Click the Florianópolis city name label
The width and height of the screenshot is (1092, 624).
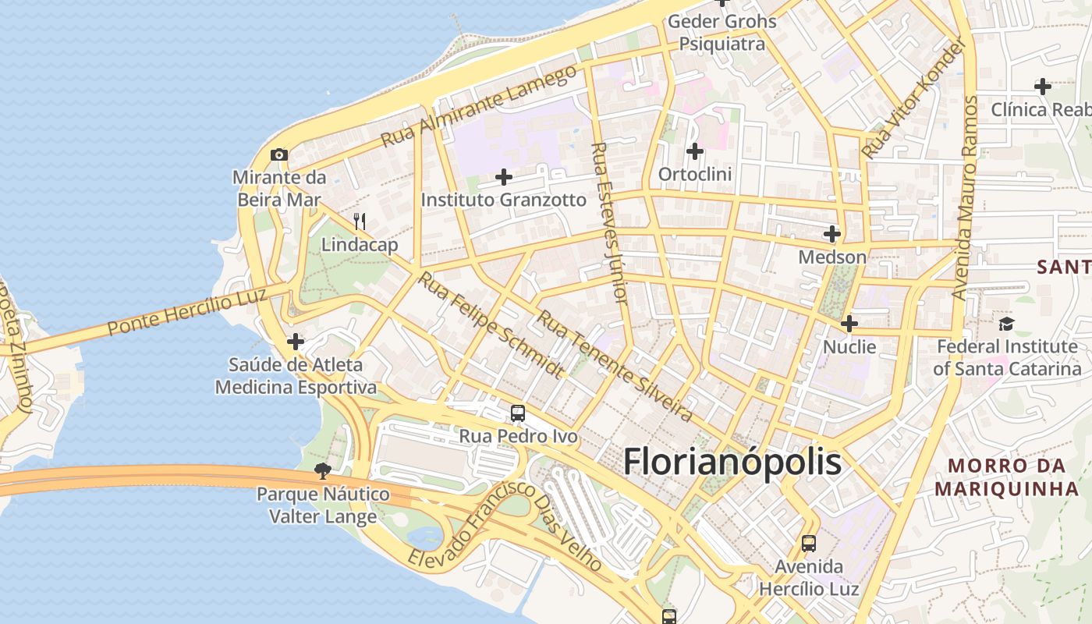coord(732,462)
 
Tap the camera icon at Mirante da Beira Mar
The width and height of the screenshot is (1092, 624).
coord(279,154)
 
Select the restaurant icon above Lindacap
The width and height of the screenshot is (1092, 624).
coord(360,222)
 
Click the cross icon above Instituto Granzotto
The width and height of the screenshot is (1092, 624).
coord(504,177)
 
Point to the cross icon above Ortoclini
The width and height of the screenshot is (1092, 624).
coord(695,151)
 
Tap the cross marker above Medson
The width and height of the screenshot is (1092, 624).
coord(832,233)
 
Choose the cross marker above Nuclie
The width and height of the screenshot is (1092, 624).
coord(849,323)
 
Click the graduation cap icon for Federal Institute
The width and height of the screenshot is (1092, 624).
coord(1006,323)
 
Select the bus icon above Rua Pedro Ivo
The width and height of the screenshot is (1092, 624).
coord(518,413)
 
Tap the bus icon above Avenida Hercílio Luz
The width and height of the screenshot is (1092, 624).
coord(809,543)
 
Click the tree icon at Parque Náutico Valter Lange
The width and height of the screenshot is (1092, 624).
coord(323,470)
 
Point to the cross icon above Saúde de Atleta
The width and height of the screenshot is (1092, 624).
coord(296,341)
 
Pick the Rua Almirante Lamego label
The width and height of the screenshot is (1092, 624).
coord(480,106)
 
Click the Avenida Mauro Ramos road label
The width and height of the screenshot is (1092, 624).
coord(964,199)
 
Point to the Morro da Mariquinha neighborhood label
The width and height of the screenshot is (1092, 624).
coord(1006,477)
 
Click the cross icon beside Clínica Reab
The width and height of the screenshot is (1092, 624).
coord(1042,86)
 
